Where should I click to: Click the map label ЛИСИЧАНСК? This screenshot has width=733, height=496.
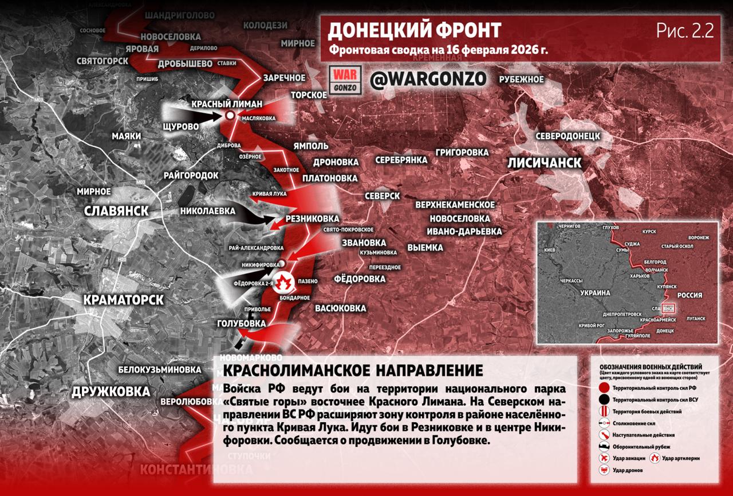tap(544, 163)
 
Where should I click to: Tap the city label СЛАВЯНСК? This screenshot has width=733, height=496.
tap(116, 211)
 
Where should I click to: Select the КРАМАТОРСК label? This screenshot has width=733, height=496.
tap(123, 300)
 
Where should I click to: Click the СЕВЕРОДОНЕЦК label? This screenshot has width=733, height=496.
tap(568, 136)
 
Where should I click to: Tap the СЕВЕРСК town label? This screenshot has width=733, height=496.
tap(382, 196)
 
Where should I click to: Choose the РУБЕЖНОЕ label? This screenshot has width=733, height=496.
tap(521, 79)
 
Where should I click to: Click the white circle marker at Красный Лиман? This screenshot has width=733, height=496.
tap(230, 116)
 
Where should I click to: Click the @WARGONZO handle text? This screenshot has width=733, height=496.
tap(428, 79)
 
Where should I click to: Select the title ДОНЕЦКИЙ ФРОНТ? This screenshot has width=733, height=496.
tap(414, 30)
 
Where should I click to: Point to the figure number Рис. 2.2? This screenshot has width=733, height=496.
tap(685, 31)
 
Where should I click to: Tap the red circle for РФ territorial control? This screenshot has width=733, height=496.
tap(604, 388)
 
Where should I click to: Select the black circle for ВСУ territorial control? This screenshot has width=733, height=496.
tap(604, 400)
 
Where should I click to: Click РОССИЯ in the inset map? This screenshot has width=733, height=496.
tap(689, 295)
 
